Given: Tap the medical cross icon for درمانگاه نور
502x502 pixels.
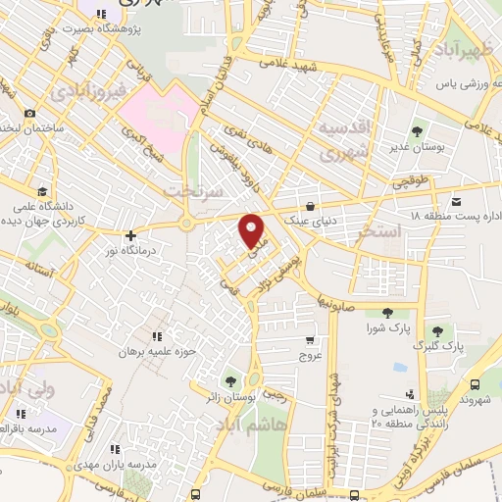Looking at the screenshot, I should (129, 235).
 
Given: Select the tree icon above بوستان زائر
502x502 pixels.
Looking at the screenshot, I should (230, 380).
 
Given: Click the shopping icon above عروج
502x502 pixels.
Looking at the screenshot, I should (310, 340).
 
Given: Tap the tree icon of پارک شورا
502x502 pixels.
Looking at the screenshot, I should (387, 313).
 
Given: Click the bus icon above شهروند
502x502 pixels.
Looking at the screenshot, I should (475, 385).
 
